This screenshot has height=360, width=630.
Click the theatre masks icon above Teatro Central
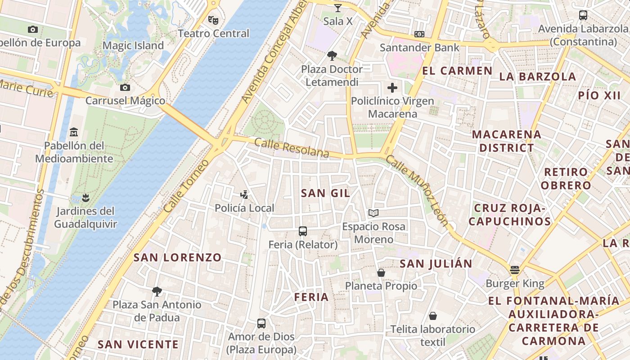tap(213, 20)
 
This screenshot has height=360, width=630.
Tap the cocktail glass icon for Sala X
tap(338, 8)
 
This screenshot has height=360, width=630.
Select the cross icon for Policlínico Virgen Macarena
tap(392, 88)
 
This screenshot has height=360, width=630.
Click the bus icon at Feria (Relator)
tap(303, 231)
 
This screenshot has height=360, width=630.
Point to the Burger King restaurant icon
tap(515, 270)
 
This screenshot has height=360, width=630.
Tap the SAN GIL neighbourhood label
tap(325, 193)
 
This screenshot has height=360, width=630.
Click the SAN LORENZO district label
tap(178, 257)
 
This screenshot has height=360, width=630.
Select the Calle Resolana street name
tap(292, 148)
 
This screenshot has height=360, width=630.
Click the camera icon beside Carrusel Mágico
tap(125, 87)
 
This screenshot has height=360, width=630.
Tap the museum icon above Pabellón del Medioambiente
tap(74, 132)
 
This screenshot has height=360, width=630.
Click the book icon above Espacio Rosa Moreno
tap(373, 213)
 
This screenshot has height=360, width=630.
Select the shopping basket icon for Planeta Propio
tap(381, 273)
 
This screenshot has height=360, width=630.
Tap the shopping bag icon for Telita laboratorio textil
tap(432, 316)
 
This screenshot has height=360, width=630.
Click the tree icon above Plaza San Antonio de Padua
tap(157, 292)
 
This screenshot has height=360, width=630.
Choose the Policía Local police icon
tap(244, 195)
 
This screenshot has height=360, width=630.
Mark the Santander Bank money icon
tap(419, 34)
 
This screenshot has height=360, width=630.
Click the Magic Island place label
tap(133, 45)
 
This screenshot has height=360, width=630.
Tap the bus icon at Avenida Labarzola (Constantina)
tap(583, 15)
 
